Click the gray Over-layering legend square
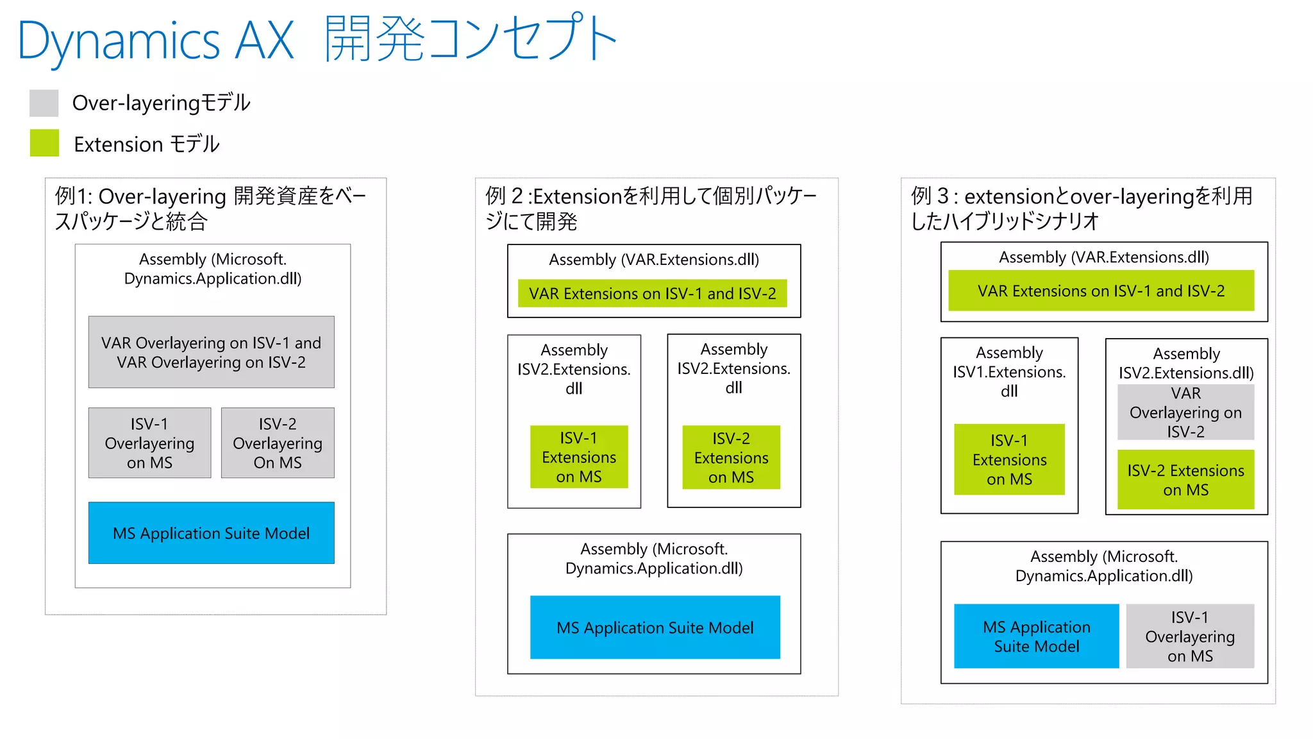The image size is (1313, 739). pyautogui.click(x=44, y=103)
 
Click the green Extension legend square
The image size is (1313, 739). pyautogui.click(x=44, y=143)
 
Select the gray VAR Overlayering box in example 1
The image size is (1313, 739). pyautogui.click(x=211, y=352)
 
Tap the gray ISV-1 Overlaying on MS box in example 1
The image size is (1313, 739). pyautogui.click(x=149, y=443)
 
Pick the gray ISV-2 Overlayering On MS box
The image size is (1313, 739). pyautogui.click(x=278, y=443)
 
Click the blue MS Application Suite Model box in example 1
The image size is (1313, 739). pyautogui.click(x=211, y=533)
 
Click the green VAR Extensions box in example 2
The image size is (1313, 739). pyautogui.click(x=652, y=293)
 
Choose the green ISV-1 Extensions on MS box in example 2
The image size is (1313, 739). pyautogui.click(x=579, y=457)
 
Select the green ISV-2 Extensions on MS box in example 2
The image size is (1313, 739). pyautogui.click(x=731, y=457)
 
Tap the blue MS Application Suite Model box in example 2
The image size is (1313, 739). pyautogui.click(x=655, y=627)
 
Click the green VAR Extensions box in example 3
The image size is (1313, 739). pyautogui.click(x=1101, y=291)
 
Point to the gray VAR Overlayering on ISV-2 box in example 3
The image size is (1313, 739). pyautogui.click(x=1185, y=412)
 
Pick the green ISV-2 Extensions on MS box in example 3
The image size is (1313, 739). pyautogui.click(x=1185, y=480)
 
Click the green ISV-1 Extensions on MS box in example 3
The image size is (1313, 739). pyautogui.click(x=1009, y=459)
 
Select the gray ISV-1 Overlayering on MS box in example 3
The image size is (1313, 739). pyautogui.click(x=1190, y=636)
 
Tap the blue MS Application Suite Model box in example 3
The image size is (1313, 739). pyautogui.click(x=1036, y=636)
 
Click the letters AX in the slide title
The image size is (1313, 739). pyautogui.click(x=264, y=40)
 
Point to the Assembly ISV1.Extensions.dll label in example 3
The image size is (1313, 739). pyautogui.click(x=1009, y=371)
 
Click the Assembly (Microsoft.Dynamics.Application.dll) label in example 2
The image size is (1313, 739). pyautogui.click(x=654, y=559)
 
